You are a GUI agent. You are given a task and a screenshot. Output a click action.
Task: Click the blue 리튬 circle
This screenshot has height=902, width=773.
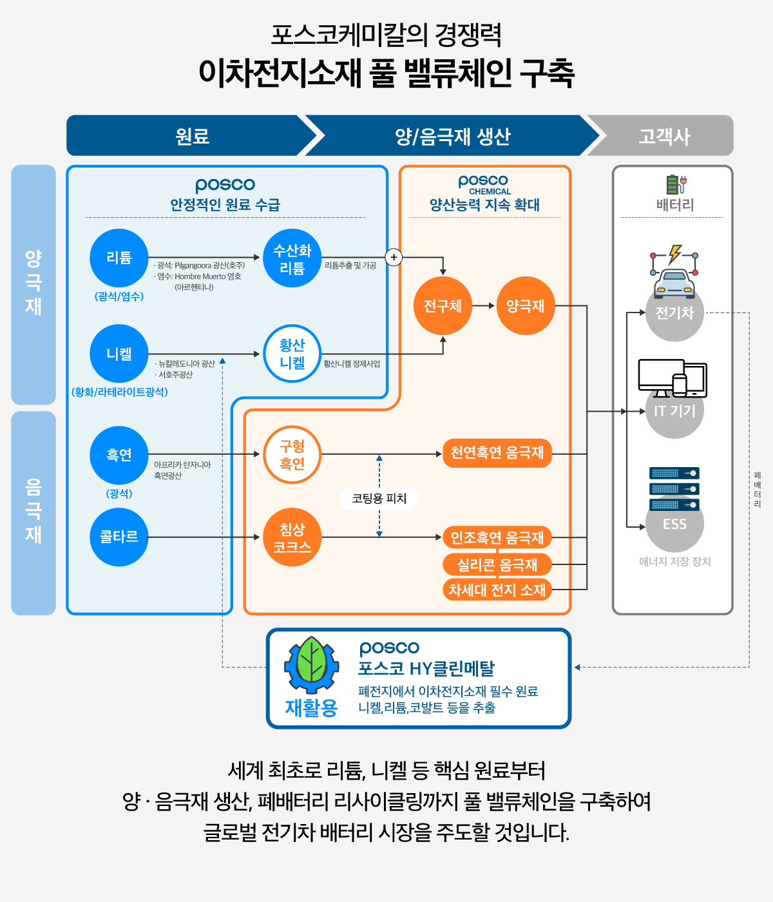tap(119, 258)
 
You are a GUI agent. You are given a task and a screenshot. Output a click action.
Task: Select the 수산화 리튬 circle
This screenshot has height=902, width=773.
tap(292, 258)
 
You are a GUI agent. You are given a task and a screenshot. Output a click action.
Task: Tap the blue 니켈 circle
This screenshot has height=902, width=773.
tap(119, 354)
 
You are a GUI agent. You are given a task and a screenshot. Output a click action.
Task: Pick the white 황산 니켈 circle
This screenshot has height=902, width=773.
tap(292, 354)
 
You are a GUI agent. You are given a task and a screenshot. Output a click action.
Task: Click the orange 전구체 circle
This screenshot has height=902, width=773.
tap(443, 306)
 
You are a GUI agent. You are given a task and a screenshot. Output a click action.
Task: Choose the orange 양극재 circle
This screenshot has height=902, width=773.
tap(526, 306)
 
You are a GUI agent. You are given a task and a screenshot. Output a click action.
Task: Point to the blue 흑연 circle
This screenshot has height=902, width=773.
tap(119, 455)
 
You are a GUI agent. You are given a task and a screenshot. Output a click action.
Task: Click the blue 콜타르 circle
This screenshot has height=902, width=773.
tap(119, 537)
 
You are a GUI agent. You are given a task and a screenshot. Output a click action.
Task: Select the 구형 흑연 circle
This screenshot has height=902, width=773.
tap(292, 455)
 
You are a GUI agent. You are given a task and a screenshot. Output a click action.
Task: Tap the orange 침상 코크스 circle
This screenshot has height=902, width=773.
tap(292, 537)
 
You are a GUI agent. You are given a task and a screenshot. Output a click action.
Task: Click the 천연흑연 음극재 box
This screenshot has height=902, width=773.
tap(497, 453)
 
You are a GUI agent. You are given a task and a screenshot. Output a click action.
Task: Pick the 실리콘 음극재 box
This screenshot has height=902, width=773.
tap(497, 565)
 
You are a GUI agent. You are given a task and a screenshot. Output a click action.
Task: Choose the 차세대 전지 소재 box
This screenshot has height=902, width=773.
tap(497, 590)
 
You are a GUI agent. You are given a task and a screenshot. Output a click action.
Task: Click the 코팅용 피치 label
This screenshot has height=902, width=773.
tap(379, 498)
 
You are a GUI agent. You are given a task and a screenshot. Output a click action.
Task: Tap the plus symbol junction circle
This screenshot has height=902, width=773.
tap(394, 257)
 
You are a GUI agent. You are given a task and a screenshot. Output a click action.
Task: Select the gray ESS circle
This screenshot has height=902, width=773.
tap(674, 524)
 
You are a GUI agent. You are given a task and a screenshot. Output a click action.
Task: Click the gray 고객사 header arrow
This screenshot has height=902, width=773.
tap(663, 136)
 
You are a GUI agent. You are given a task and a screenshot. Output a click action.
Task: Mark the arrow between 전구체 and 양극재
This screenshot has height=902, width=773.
tap(484, 306)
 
